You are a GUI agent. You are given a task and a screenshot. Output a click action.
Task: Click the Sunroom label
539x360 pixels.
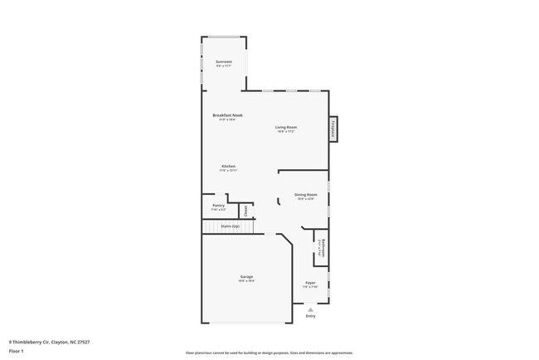point(223,62)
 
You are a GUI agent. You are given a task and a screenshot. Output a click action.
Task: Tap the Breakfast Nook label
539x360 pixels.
point(227,115)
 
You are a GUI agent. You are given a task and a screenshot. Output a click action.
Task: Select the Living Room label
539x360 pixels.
point(286,127)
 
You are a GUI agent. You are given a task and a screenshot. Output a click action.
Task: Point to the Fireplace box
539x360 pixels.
point(333,128)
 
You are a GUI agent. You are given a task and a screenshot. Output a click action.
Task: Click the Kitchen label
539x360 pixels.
point(228,166)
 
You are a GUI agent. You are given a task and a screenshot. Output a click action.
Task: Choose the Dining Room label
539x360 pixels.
point(306,195)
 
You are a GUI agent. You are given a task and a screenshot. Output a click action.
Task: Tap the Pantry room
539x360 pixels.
point(218,207)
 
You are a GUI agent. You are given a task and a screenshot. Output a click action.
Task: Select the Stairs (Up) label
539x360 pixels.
point(231,225)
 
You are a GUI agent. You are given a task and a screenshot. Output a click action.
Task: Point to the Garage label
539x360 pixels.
point(247,276)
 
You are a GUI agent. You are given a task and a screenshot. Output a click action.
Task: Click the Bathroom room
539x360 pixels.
point(323,251)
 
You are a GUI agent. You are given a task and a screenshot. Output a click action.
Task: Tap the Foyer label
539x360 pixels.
point(310,283)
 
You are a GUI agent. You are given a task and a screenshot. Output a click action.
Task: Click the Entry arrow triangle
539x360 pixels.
point(311,309)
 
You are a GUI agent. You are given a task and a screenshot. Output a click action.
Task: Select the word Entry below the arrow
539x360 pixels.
point(311,316)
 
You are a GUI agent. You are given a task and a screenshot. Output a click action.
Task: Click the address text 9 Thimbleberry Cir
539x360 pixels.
point(49,342)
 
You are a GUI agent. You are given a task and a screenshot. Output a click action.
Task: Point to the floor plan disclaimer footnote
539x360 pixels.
point(269,352)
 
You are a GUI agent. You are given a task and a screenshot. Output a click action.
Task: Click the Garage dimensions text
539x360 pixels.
point(247,281)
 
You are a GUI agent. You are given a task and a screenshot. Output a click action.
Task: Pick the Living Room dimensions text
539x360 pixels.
point(286,131)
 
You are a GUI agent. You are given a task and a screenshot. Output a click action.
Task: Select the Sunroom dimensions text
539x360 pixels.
point(223,67)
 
